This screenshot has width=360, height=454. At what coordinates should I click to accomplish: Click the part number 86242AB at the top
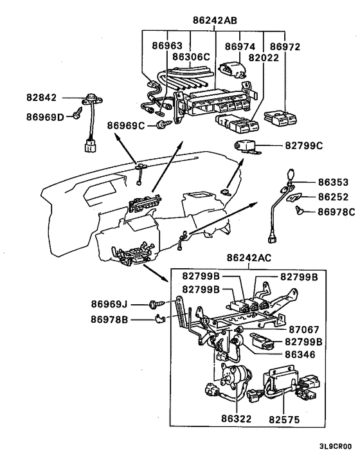point(214,20)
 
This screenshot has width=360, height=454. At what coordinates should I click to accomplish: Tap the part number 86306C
point(191,57)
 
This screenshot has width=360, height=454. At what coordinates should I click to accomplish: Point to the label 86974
point(240,46)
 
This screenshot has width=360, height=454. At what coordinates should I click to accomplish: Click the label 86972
point(285,46)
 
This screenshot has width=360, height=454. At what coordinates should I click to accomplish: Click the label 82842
point(42,98)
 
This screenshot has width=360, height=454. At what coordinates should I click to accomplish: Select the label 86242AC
point(249,258)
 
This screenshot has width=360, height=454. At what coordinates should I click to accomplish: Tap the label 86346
point(300,354)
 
